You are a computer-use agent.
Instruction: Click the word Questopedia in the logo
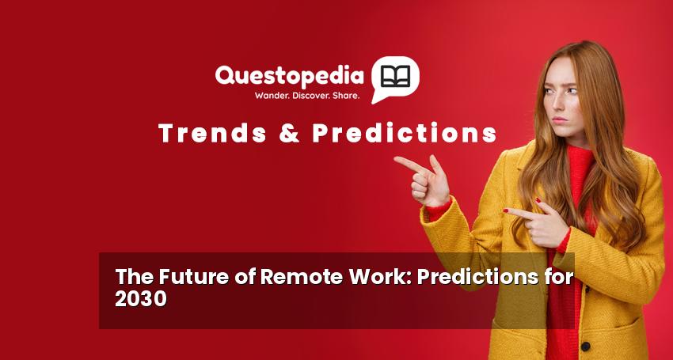point(289,76)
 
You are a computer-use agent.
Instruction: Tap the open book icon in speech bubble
point(395,76)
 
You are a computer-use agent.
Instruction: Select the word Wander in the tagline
point(272,95)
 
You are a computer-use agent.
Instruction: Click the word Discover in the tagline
point(310,95)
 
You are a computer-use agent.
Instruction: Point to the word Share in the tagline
point(345,96)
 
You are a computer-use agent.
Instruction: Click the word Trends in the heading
point(212,133)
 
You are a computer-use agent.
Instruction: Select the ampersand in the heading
point(289,133)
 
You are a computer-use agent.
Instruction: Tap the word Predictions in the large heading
point(405,133)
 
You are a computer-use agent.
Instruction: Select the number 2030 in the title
point(141,298)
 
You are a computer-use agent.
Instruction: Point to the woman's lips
point(559,120)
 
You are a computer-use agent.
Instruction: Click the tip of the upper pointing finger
point(395,159)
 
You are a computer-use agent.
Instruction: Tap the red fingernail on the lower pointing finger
point(506,210)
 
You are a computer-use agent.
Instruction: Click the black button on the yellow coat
point(585,346)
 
